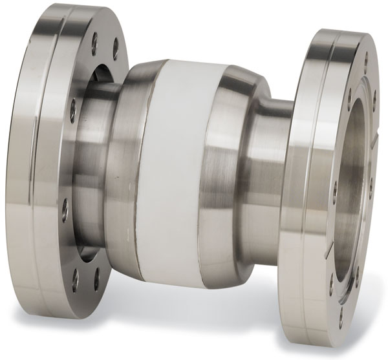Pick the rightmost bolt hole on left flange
point(116,49)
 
